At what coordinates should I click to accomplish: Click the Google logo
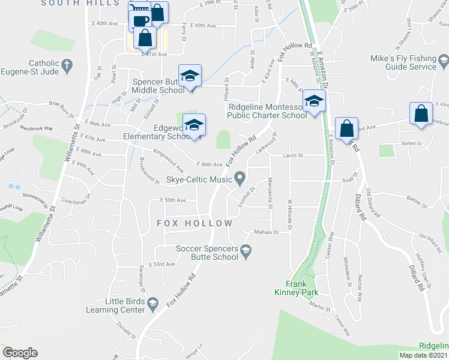20,353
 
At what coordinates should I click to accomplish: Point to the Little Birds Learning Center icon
152,302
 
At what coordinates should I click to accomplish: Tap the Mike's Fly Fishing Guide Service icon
443,60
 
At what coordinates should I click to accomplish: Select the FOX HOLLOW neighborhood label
194,223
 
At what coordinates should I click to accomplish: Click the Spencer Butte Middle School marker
190,77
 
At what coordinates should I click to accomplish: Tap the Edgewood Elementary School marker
194,126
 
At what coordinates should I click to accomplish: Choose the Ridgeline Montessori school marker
313,101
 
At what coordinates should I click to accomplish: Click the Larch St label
294,155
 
